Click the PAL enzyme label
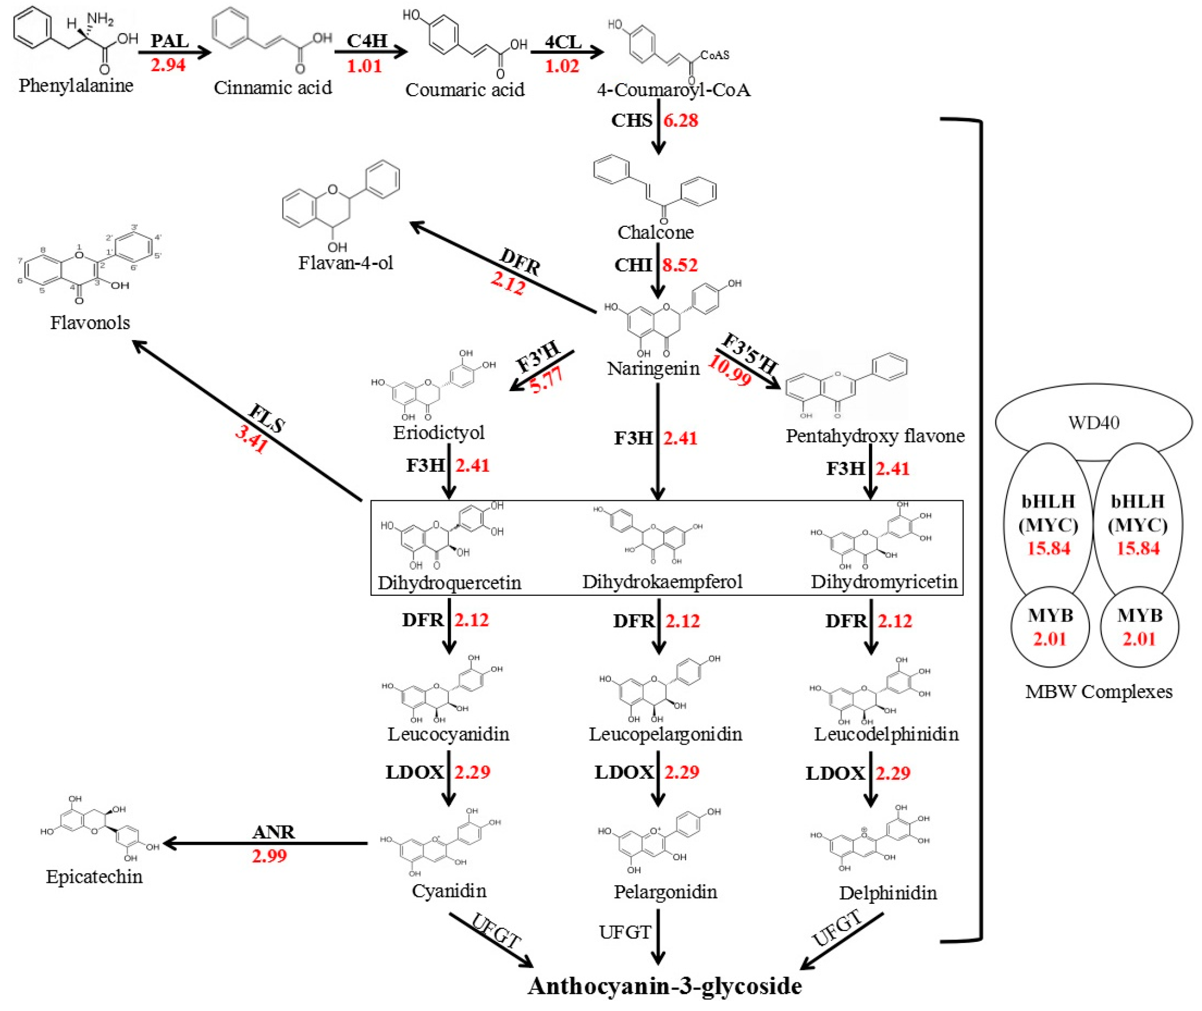pyautogui.click(x=170, y=41)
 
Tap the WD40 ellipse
pyautogui.click(x=1093, y=423)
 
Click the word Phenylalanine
pyautogui.click(x=76, y=86)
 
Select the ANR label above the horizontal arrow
pyautogui.click(x=273, y=832)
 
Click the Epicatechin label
pyautogui.click(x=94, y=876)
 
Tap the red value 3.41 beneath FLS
pyautogui.click(x=251, y=439)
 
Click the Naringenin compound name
pyautogui.click(x=653, y=368)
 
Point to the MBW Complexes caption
pyautogui.click(x=1098, y=692)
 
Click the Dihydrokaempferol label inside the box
pyautogui.click(x=662, y=582)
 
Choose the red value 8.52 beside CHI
pyautogui.click(x=681, y=265)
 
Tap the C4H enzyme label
pyautogui.click(x=367, y=41)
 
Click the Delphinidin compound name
pyautogui.click(x=888, y=892)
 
